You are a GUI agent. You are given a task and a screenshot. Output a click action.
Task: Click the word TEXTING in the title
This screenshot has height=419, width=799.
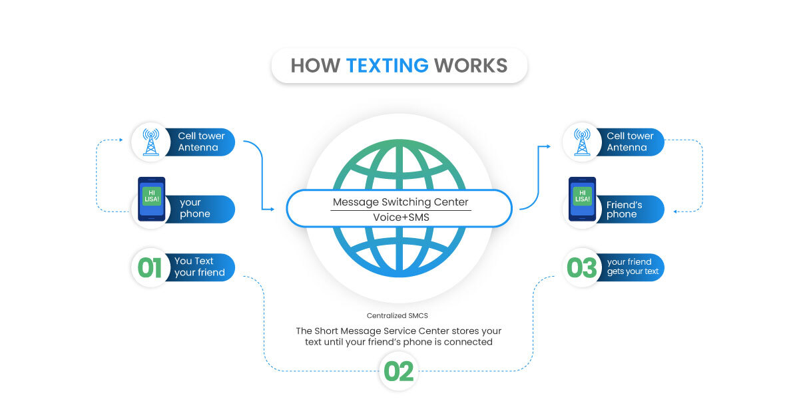[387, 65]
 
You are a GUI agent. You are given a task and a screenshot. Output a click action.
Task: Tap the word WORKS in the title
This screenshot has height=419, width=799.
[470, 65]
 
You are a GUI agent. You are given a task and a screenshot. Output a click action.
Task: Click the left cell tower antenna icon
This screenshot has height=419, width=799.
[150, 142]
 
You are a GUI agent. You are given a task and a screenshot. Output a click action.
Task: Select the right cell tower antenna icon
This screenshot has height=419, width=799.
[582, 142]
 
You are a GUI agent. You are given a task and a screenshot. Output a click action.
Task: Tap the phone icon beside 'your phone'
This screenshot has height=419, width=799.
[151, 199]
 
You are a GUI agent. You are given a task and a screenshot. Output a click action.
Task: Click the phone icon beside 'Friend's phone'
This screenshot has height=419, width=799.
[582, 199]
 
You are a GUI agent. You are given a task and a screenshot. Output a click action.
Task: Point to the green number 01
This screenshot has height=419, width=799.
[150, 267]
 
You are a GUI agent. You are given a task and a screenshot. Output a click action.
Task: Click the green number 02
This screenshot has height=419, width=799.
[399, 371]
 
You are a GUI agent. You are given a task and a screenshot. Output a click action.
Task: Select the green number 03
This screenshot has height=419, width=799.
[581, 267]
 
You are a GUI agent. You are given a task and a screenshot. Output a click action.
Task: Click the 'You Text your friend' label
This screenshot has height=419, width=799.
[200, 267]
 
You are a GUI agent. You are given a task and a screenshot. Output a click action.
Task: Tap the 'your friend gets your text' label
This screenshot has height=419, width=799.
[633, 267]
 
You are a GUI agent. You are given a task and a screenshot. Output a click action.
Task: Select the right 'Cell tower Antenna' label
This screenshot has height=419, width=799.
[630, 142]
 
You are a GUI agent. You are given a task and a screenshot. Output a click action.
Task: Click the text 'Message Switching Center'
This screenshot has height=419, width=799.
[400, 202]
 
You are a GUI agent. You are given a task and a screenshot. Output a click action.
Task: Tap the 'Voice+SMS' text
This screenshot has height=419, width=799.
[400, 218]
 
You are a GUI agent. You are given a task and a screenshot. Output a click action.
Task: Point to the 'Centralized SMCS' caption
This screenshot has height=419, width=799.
[398, 316]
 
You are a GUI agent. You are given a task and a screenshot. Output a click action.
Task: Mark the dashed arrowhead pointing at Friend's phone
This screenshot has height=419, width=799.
[675, 211]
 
